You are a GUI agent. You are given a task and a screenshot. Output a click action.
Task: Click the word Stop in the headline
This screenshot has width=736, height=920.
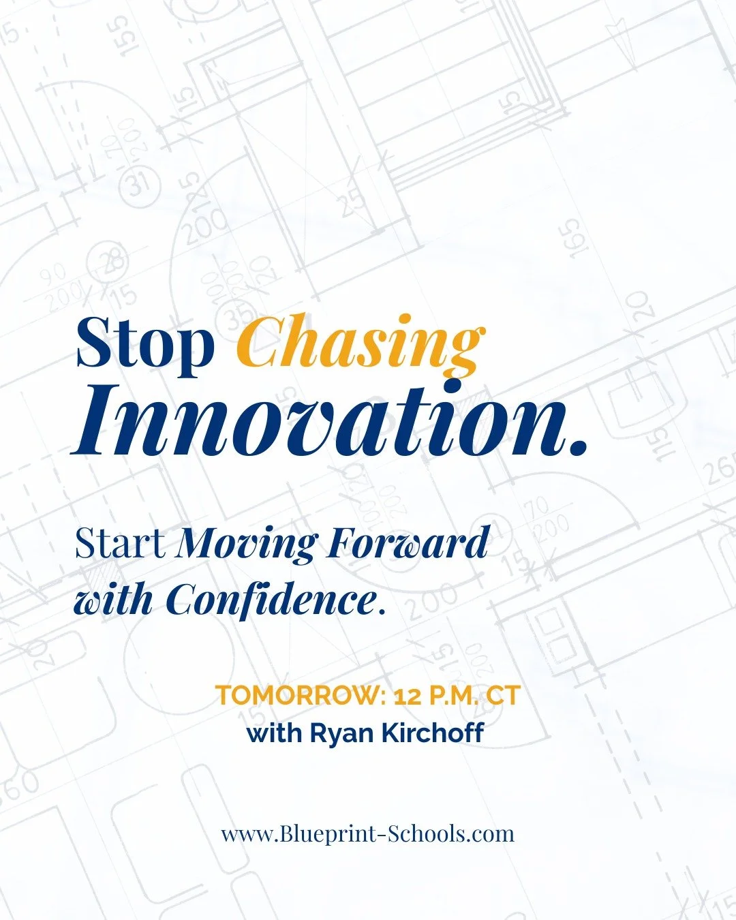[144, 343]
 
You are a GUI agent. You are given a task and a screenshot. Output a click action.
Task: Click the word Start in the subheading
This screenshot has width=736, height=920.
[120, 544]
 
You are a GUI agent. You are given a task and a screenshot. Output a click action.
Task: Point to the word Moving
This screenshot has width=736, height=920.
[247, 544]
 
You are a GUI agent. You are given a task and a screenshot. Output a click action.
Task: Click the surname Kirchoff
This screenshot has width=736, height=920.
[433, 733]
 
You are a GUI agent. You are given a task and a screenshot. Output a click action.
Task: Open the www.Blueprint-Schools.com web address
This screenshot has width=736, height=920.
[367, 833]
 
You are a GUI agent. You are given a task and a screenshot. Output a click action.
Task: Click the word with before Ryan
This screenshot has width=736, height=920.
[275, 734]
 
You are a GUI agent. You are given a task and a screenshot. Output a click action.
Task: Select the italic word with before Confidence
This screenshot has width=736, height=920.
[113, 600]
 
